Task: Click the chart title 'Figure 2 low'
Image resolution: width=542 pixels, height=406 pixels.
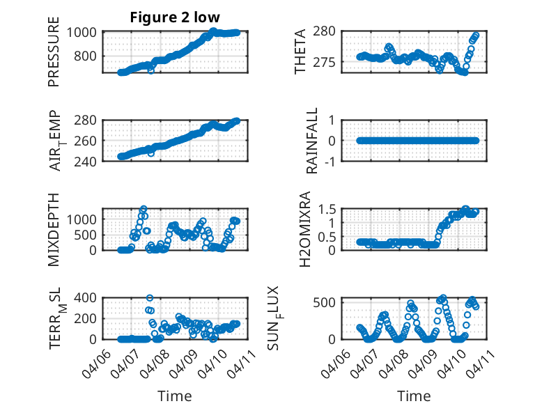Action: coord(175,17)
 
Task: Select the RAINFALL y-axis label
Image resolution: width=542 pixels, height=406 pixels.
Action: coord(313,140)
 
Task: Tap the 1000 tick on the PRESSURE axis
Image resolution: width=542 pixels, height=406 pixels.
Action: coord(84,32)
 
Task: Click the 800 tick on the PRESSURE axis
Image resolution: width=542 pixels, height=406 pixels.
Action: coord(88,56)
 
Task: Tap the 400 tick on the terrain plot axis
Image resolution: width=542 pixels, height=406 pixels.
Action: coord(88,297)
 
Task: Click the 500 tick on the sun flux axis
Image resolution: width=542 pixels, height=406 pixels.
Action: coord(329,302)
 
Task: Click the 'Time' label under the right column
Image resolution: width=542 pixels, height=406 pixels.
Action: coord(414,396)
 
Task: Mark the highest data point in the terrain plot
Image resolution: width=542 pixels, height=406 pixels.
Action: coord(150,298)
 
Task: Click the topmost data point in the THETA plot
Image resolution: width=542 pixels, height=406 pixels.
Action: coord(477,35)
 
